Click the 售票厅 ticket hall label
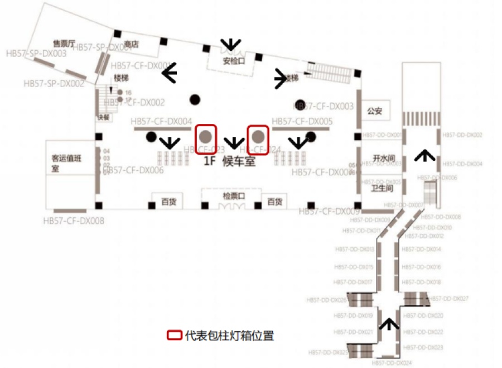[x=63, y=42]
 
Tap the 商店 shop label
[x=131, y=44]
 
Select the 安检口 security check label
[x=234, y=61]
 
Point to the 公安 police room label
[x=375, y=111]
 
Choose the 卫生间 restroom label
[x=382, y=188]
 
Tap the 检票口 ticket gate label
[x=234, y=196]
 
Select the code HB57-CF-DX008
[x=74, y=221]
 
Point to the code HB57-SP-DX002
[x=54, y=84]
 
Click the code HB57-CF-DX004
[x=161, y=121]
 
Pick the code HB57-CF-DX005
[x=302, y=121]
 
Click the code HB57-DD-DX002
[x=462, y=135]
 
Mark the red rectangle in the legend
[x=175, y=336]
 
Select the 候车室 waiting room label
[x=239, y=161]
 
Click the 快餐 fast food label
[x=104, y=117]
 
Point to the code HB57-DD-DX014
[x=421, y=249]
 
